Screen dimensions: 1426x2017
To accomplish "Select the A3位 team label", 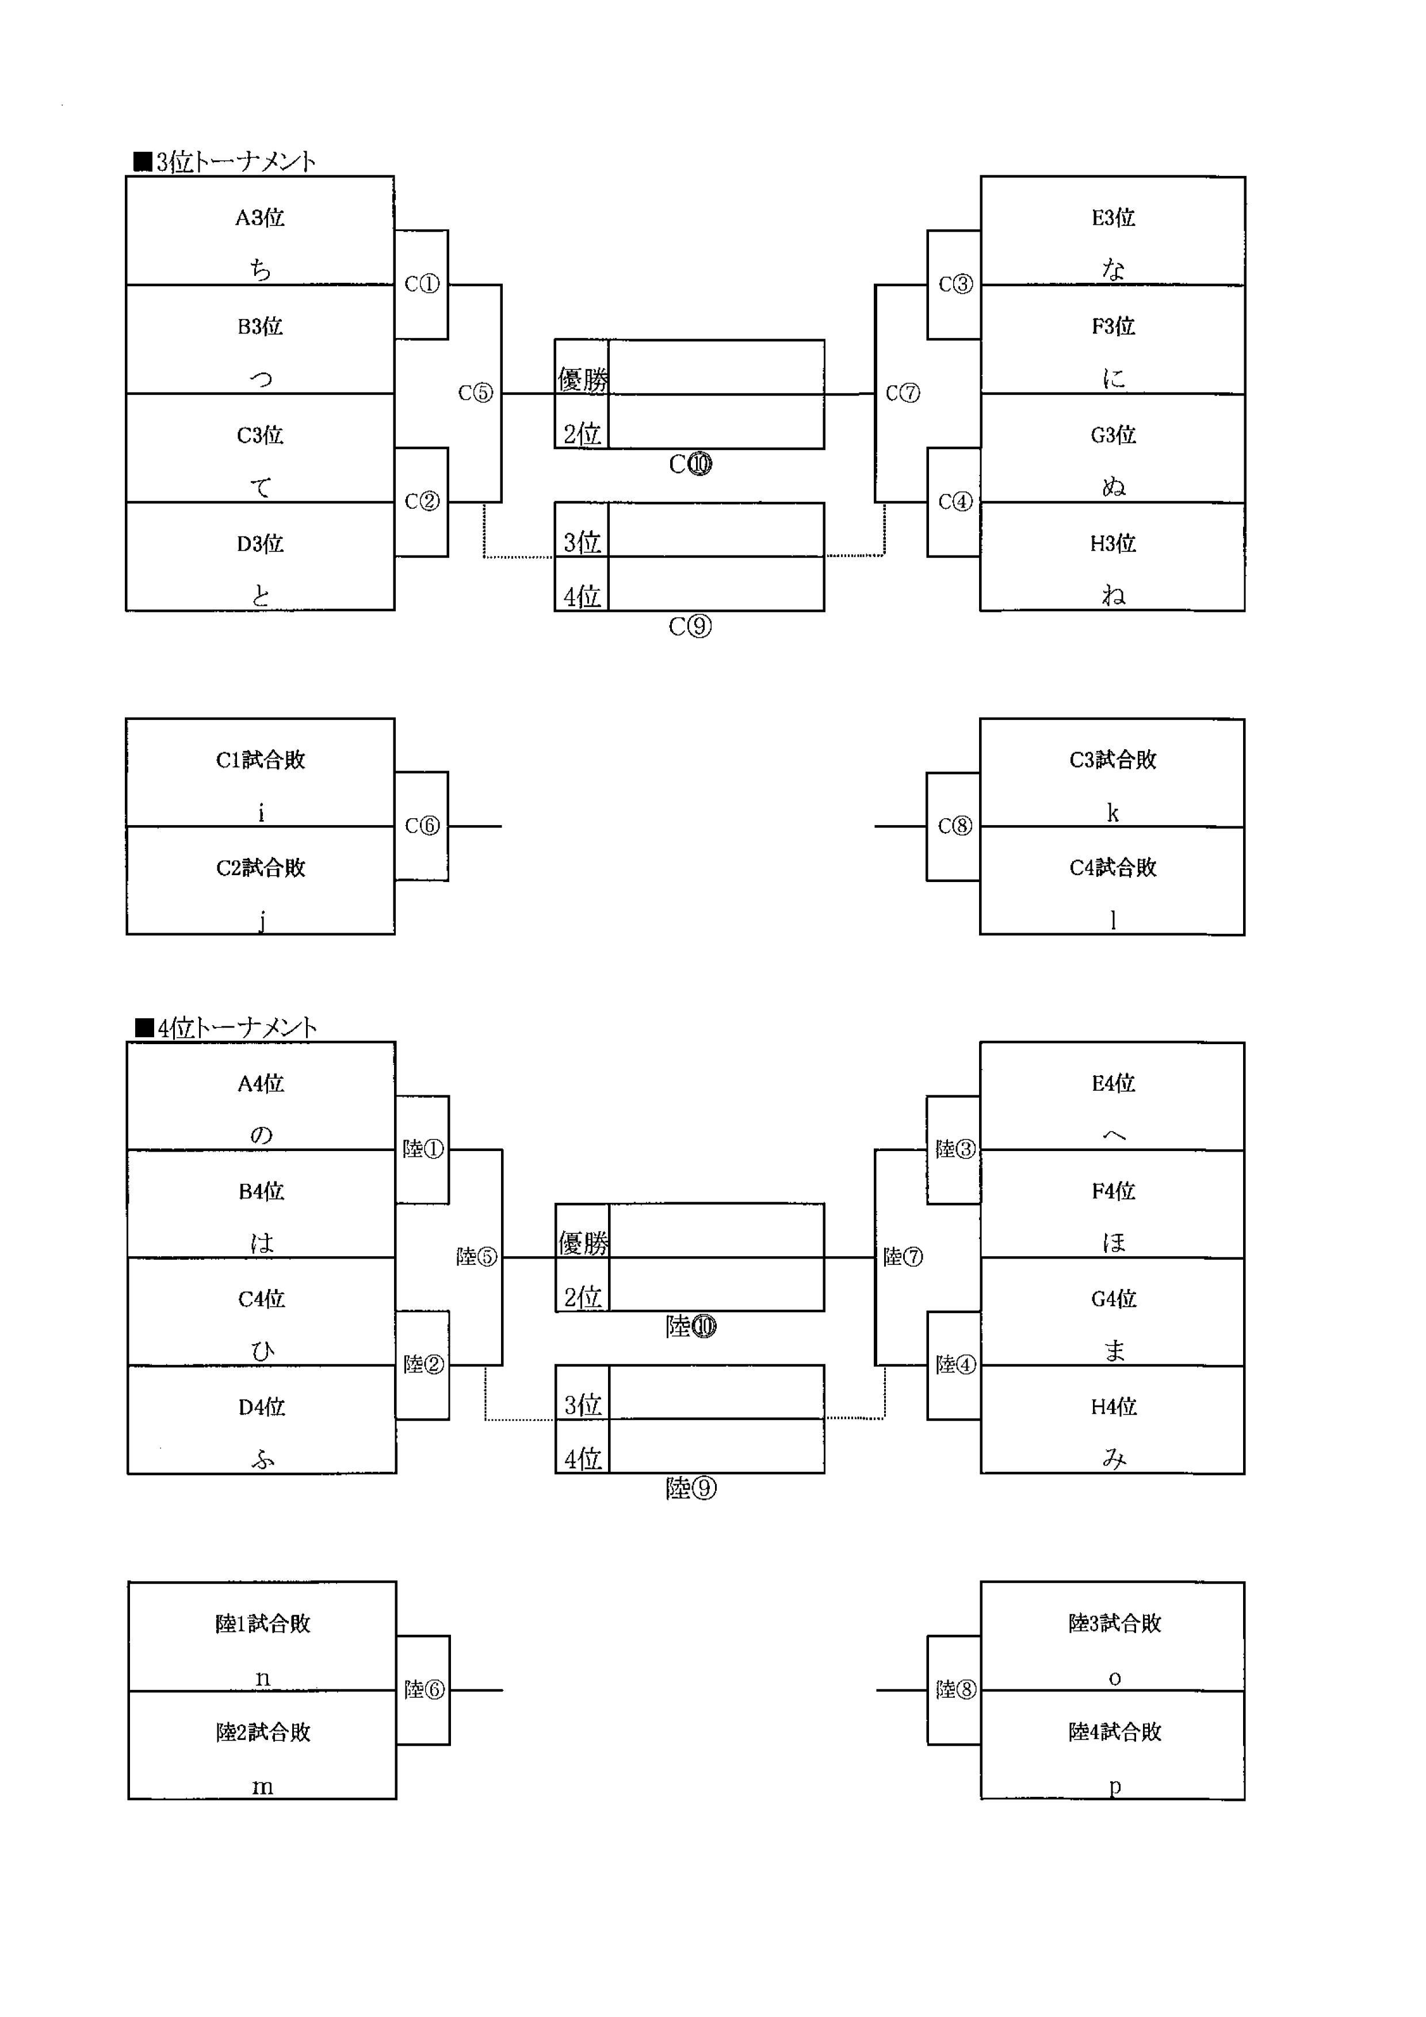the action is coord(260,218).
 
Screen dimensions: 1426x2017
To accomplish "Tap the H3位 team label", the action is coord(1113,544).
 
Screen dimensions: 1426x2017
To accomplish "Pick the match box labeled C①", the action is coord(422,285).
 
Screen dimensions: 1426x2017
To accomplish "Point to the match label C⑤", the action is coord(475,393).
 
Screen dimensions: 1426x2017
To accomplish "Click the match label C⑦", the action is coord(903,393).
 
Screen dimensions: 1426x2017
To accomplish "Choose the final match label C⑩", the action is coord(691,464).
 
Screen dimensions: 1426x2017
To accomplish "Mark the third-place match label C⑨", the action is coord(691,626).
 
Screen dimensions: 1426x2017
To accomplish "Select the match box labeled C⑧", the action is coord(954,827).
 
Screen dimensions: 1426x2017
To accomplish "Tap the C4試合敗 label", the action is coord(1113,868).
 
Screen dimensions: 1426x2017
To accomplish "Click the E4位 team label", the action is coord(1113,1083).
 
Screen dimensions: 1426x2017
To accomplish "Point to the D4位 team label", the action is coord(262,1408).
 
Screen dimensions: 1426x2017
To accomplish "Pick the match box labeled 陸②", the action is coord(423,1364).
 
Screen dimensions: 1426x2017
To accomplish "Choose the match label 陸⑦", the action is coord(903,1257).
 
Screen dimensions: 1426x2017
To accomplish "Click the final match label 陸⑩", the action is coord(691,1326).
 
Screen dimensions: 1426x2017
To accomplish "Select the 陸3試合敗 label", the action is coord(1115,1624).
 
